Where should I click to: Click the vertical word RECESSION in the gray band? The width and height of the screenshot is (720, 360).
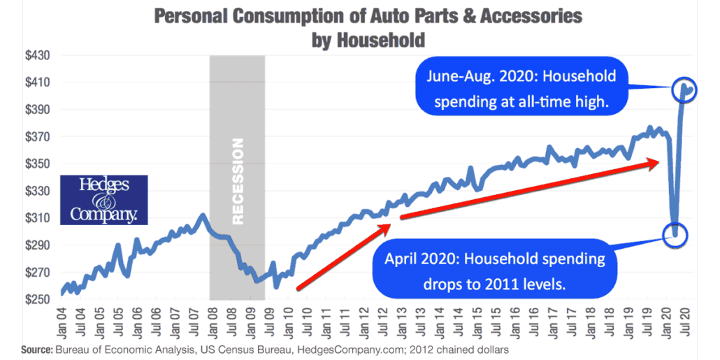[x=238, y=181]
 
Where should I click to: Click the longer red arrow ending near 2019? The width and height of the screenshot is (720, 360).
[x=531, y=189]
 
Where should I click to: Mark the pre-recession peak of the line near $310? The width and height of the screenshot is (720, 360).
[x=202, y=215]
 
